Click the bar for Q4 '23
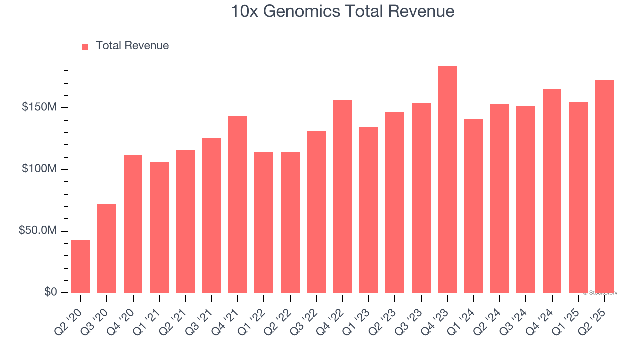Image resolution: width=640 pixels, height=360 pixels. coord(447,180)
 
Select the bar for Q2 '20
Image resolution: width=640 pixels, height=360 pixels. coord(81,266)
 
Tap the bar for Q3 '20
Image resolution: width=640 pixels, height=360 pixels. coord(107,248)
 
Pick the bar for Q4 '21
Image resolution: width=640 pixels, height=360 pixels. coord(238,204)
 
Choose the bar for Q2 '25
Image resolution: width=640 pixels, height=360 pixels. coord(604,186)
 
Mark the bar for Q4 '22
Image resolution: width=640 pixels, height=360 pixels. coord(342,196)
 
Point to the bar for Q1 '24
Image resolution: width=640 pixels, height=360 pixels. coord(473,206)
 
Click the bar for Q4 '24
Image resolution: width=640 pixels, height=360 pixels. coord(552,191)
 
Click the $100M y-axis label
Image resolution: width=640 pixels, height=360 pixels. coord(39,169)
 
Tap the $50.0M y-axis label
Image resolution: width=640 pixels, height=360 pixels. coord(38,231)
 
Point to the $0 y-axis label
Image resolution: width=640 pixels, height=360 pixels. coord(51,292)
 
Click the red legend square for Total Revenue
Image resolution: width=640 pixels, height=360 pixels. coord(85,46)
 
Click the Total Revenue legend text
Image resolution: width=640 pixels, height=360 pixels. coord(132,46)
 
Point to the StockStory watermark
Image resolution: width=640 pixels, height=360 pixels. coord(600,293)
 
